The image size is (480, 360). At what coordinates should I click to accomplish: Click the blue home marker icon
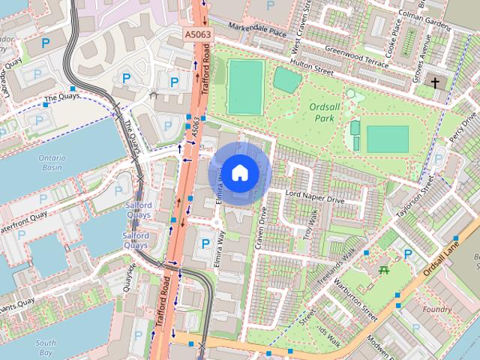[x=239, y=173]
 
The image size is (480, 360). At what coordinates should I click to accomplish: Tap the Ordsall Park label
[x=325, y=112]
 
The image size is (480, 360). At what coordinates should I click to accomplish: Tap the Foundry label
[x=437, y=309]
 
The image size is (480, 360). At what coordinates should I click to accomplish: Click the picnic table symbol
[x=384, y=268]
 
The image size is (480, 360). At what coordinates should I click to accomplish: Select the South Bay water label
[x=45, y=347]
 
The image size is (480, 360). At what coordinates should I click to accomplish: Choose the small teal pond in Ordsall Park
[x=286, y=79]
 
